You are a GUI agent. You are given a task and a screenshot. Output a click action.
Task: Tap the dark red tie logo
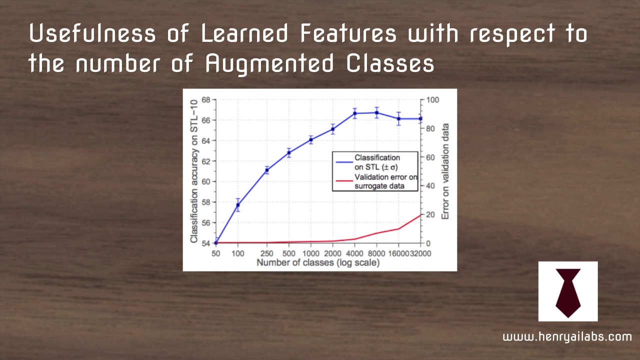[568, 292]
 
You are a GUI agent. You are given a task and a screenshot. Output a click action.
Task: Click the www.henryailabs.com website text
[567, 336]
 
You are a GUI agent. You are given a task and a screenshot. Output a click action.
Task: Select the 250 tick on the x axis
[266, 254]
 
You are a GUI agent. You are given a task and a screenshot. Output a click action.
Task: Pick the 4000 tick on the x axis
[354, 254]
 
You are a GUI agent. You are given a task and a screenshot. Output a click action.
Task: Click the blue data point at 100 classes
[238, 205]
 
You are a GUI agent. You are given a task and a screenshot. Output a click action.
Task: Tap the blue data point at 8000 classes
[376, 112]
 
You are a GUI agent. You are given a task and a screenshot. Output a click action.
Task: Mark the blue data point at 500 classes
[288, 152]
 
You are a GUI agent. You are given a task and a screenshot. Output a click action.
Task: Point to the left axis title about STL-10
[193, 171]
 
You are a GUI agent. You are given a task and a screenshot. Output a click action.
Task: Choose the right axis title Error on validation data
[445, 171]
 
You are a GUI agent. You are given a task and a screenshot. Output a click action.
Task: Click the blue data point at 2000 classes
[332, 129]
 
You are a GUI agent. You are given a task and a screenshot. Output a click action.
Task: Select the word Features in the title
[348, 34]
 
